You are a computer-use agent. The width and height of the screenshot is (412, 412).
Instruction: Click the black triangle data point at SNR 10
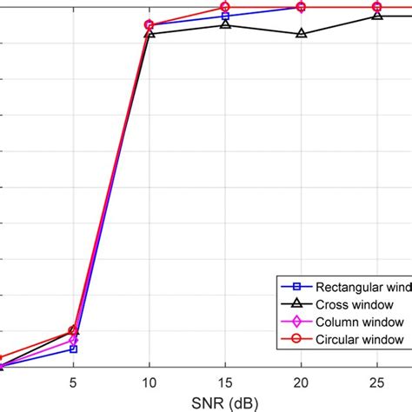click(150, 33)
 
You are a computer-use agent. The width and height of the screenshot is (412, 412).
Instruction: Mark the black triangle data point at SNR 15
click(225, 24)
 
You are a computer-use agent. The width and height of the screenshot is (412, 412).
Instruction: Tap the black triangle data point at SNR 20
click(301, 33)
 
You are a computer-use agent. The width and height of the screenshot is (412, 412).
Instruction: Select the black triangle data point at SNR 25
click(376, 16)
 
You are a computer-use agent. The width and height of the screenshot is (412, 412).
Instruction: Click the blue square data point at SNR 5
click(73, 349)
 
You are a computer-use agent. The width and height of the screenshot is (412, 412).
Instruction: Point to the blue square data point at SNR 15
click(225, 16)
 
